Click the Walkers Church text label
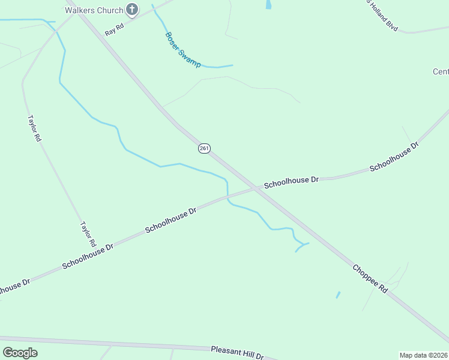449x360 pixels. [94, 10]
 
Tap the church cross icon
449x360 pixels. [132, 10]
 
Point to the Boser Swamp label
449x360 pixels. [182, 49]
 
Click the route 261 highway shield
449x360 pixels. [204, 148]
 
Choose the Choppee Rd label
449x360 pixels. [370, 279]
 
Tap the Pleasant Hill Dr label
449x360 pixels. [237, 353]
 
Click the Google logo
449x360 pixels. [20, 353]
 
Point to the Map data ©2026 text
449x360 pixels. [424, 355]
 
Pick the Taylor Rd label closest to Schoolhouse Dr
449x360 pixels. [88, 234]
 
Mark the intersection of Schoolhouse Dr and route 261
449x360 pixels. [256, 188]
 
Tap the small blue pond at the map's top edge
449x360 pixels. [268, 4]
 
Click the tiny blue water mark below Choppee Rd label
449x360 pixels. [338, 295]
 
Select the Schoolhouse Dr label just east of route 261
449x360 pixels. [291, 180]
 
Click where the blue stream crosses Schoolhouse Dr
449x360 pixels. [228, 197]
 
